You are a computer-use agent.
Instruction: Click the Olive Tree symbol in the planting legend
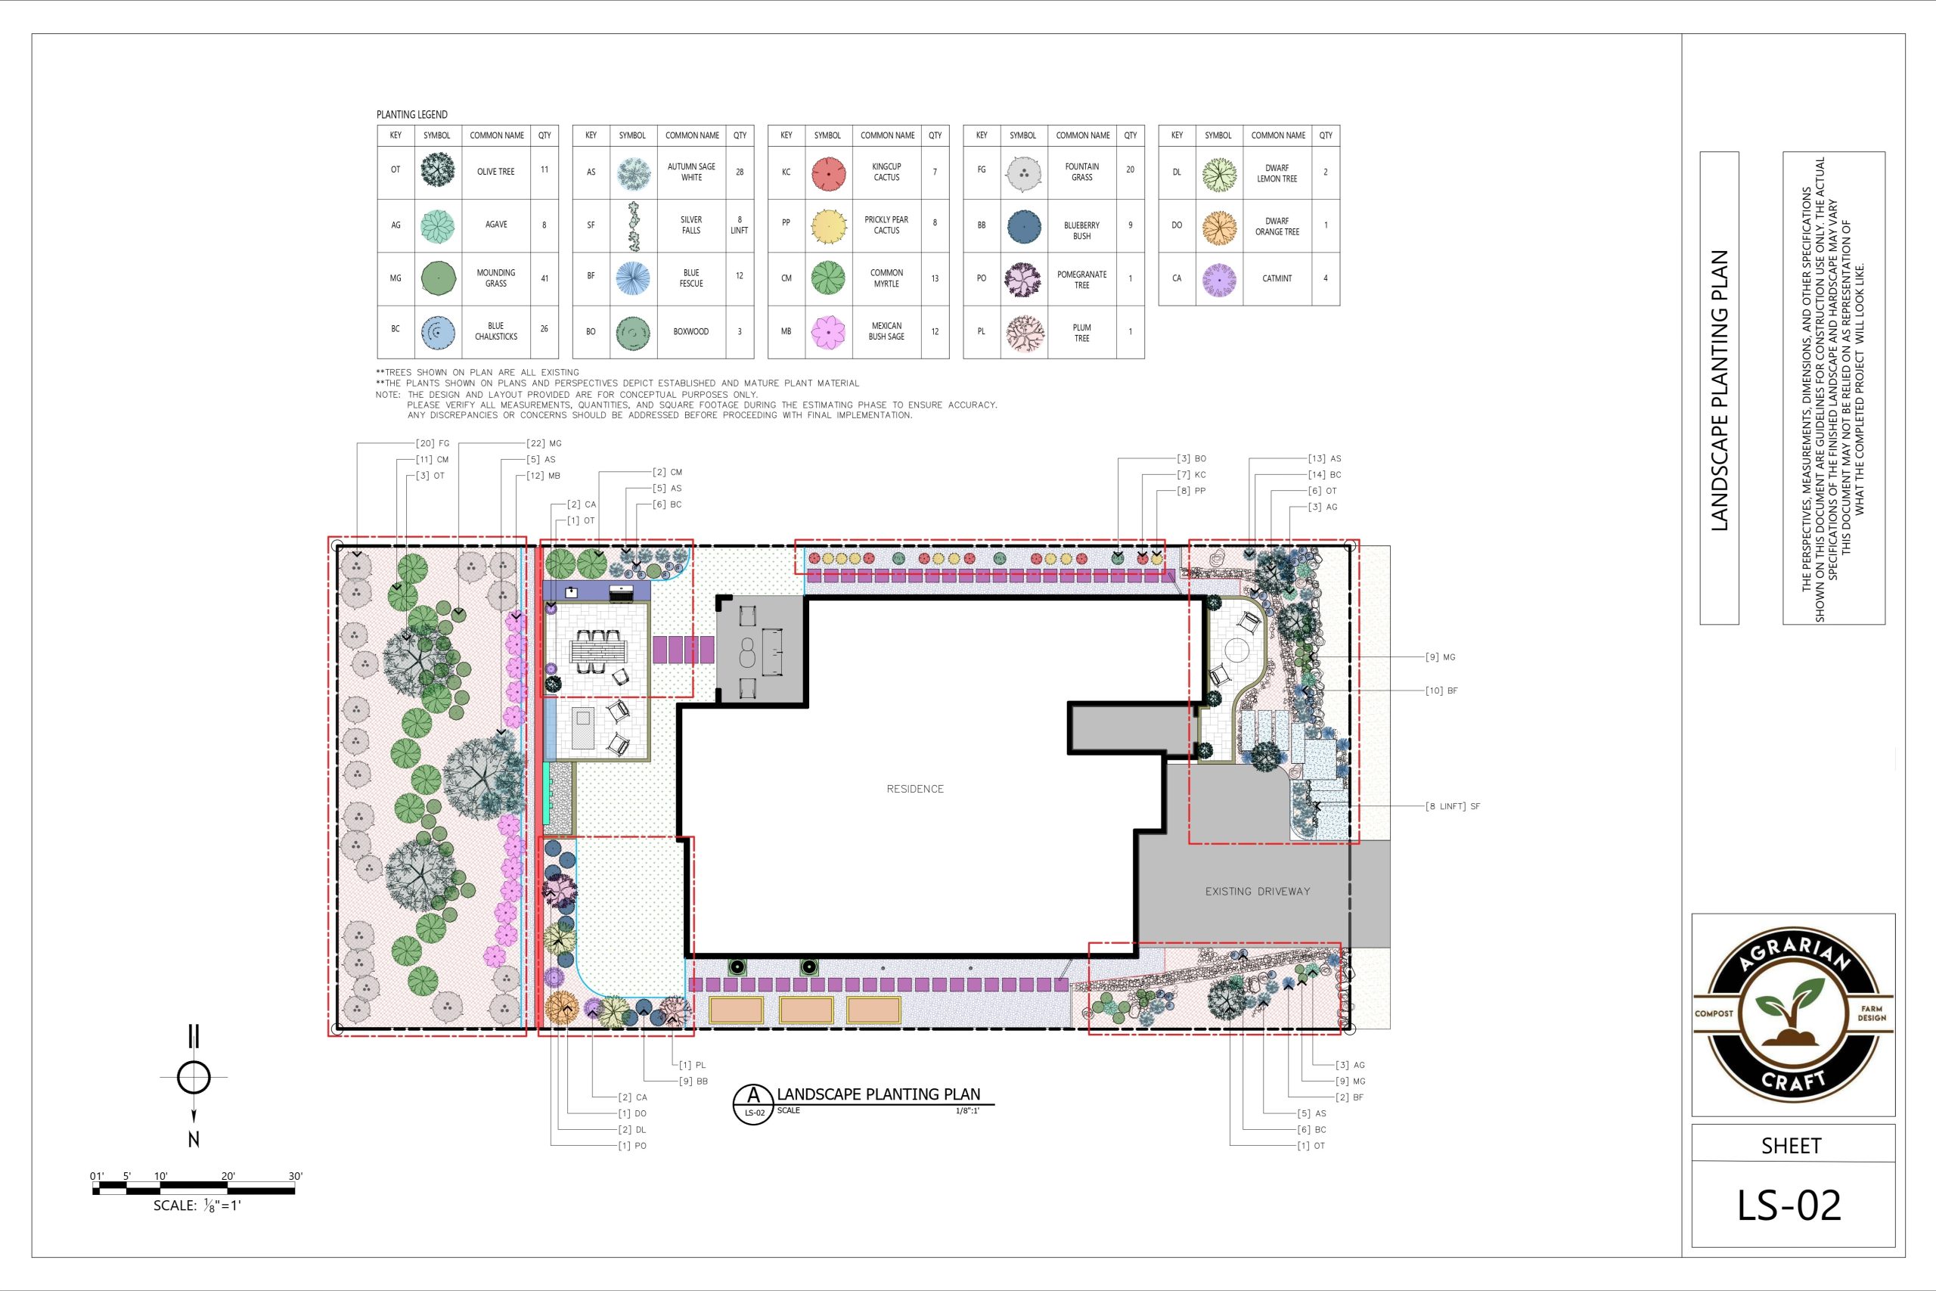[x=437, y=170]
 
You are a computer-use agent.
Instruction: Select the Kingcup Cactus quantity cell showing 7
[x=935, y=172]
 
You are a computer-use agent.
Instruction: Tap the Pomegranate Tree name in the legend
[x=1081, y=280]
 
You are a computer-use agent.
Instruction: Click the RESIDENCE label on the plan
[x=914, y=789]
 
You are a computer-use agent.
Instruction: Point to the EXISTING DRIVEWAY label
[x=1257, y=891]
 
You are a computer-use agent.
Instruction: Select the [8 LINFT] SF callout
[x=1453, y=806]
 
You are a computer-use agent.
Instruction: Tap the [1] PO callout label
[x=632, y=1145]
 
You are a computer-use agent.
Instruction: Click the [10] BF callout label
[x=1441, y=690]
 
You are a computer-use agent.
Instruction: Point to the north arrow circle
[x=194, y=1076]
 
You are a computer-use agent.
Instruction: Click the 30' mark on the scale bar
[x=296, y=1176]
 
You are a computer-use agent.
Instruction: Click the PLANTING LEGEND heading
[x=412, y=114]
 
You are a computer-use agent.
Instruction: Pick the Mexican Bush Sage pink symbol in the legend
[x=827, y=331]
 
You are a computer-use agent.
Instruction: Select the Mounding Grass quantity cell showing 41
[x=544, y=278]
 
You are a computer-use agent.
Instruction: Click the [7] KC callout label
[x=1191, y=474]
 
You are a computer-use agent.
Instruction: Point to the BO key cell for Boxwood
[x=591, y=332]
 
